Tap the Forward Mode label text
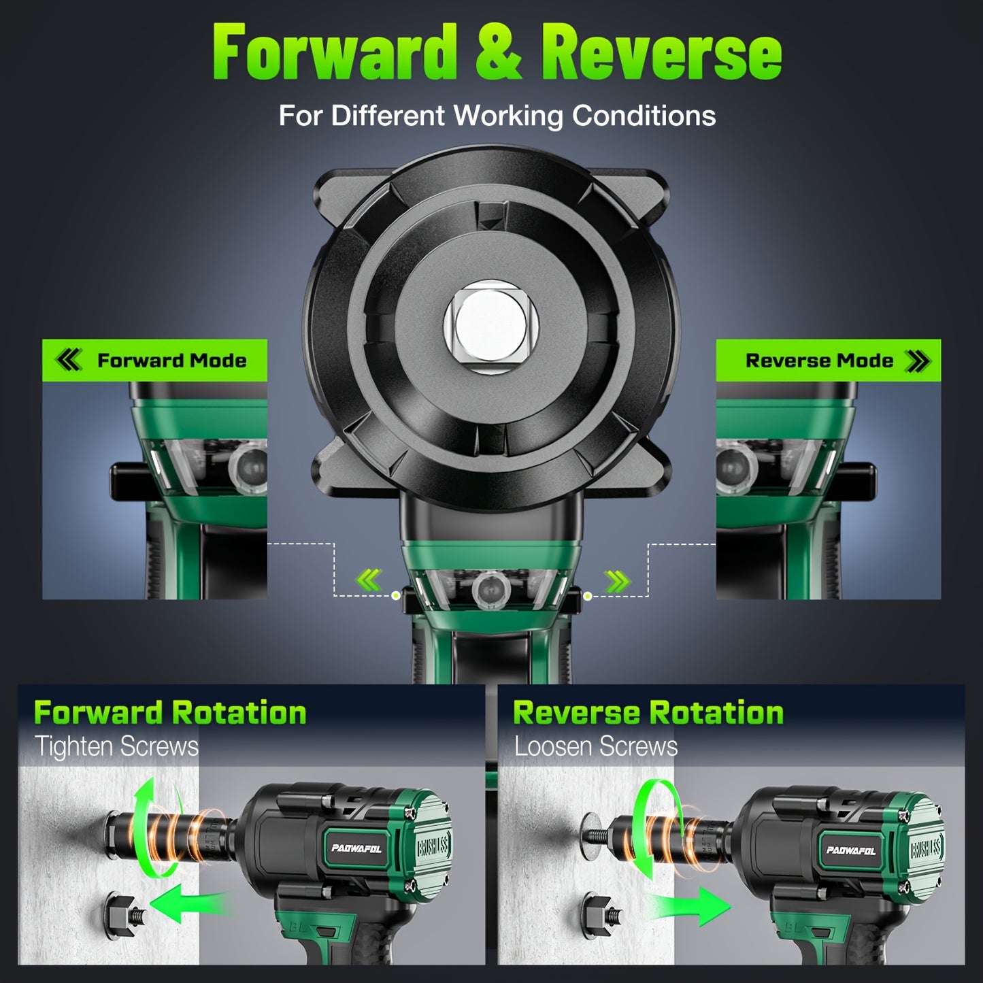(171, 361)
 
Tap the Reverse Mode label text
(819, 361)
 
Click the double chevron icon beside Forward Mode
(68, 361)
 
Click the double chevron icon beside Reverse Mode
(918, 361)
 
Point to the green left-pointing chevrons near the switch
(369, 580)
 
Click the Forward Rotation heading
(170, 713)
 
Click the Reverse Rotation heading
(648, 713)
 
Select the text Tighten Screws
(117, 746)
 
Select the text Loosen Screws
(596, 746)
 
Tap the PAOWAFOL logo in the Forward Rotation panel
(357, 848)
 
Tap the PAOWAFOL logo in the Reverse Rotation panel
(851, 850)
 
